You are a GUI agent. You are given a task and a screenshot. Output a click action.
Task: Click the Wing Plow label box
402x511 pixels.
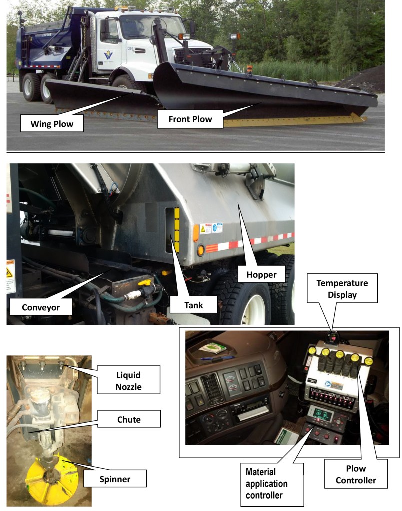(51, 122)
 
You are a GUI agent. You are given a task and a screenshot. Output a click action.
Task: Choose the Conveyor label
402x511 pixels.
(41, 307)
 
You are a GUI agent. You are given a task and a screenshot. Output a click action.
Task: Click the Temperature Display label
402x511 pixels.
(342, 288)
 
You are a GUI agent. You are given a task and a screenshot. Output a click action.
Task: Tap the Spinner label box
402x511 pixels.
(115, 479)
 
